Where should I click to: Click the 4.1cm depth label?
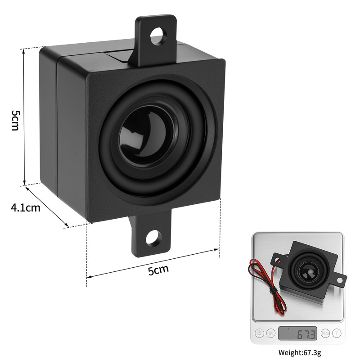pyautogui.click(x=25, y=207)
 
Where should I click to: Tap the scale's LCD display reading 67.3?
pyautogui.click(x=297, y=333)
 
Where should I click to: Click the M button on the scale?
pyautogui.click(x=270, y=333)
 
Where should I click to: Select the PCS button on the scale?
pyautogui.click(x=325, y=333)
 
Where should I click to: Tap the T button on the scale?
pyautogui.click(x=336, y=333)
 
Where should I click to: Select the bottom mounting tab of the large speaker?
pyautogui.click(x=152, y=241)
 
